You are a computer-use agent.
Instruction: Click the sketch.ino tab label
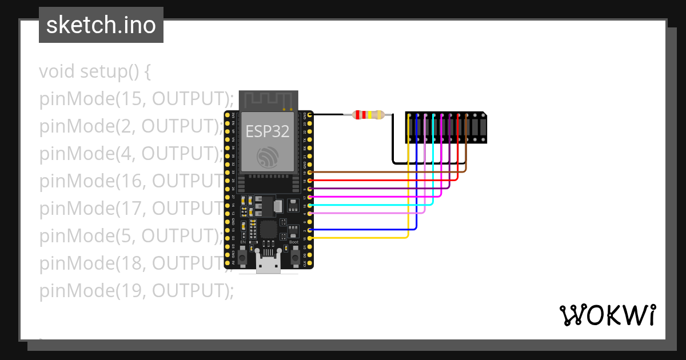(x=101, y=25)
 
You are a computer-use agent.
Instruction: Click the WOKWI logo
(x=607, y=315)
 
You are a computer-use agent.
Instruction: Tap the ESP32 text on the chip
(x=268, y=131)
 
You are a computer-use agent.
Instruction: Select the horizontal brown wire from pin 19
(x=389, y=171)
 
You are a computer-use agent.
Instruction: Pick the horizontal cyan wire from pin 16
(x=372, y=205)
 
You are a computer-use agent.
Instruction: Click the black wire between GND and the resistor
(x=328, y=115)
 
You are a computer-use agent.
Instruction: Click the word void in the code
(x=57, y=72)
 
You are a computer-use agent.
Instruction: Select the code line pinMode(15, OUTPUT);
(x=137, y=99)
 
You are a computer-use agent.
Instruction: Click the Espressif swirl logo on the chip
(x=268, y=156)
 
